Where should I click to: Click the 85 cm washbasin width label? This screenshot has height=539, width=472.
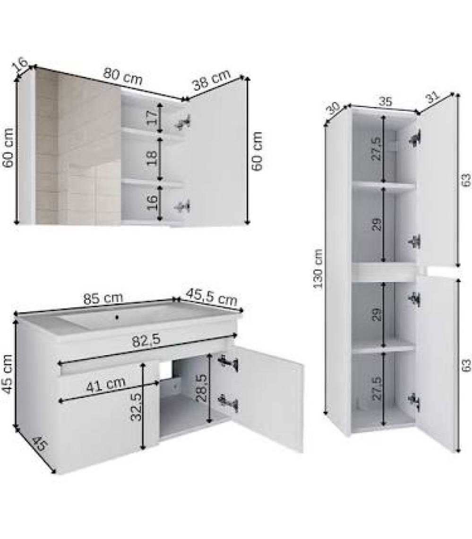(103, 298)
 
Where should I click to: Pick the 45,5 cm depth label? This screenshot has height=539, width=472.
(212, 297)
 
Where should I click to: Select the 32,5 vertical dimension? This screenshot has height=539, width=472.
(136, 407)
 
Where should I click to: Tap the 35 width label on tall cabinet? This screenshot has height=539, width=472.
(386, 101)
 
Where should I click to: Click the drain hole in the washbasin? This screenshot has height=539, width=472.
(117, 317)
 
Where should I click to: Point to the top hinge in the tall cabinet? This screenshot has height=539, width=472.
(415, 139)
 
